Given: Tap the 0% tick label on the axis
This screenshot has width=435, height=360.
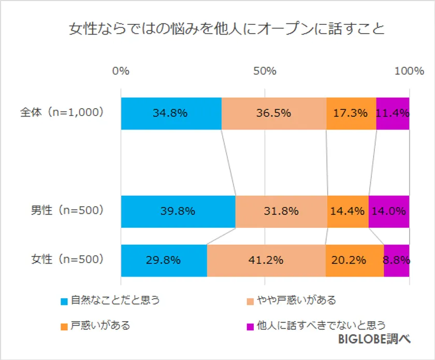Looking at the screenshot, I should [121, 71].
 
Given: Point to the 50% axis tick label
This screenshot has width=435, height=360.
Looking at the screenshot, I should [265, 71].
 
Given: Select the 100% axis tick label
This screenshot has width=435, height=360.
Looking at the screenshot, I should [409, 71].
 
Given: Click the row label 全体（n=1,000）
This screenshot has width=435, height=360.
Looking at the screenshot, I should [63, 112].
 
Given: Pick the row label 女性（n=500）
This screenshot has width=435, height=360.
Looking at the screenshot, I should [67, 259].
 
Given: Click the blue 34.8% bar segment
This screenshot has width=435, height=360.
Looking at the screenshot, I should [171, 113].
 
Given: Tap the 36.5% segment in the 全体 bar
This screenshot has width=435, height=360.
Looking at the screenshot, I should [273, 113].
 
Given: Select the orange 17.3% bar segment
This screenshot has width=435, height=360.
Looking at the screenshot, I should [351, 113].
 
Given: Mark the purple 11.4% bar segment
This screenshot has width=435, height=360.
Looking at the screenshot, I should [393, 113].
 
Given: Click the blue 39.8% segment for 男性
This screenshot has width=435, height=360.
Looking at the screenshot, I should [178, 211].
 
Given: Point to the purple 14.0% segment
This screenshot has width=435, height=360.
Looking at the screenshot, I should [389, 211].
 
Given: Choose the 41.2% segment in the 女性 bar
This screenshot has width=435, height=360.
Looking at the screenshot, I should [266, 261].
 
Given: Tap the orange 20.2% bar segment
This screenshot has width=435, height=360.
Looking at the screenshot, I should [354, 261].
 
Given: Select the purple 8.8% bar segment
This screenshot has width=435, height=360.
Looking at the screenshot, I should [397, 261].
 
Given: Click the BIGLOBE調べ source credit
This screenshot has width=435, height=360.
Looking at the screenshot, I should [374, 339].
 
